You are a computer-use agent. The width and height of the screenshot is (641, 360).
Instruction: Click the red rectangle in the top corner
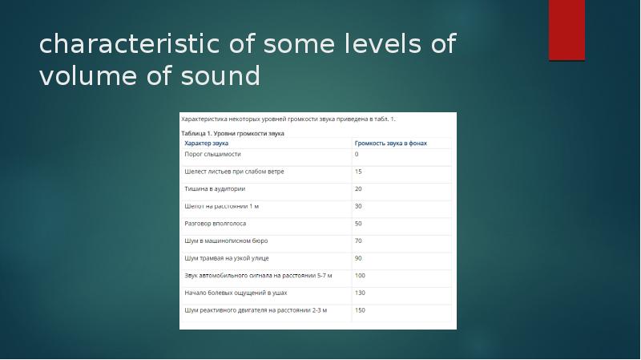click(x=566, y=30)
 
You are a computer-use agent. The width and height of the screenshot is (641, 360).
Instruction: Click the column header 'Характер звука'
click(x=207, y=144)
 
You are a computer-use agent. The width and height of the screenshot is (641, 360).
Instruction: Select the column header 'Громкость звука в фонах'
click(x=391, y=144)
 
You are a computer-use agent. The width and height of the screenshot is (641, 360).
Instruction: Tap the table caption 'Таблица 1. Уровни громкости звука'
click(x=233, y=133)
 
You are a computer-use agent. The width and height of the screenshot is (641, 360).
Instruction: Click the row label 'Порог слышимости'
click(x=212, y=154)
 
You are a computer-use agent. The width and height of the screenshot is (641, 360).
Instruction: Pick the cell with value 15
click(x=358, y=172)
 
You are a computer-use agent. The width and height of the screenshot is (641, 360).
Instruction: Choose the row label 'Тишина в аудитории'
click(x=215, y=189)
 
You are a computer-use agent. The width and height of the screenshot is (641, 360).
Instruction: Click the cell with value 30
click(x=358, y=206)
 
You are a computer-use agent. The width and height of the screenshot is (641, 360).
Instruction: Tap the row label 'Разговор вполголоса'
click(x=216, y=224)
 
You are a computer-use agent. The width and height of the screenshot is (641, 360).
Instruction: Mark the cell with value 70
click(x=358, y=241)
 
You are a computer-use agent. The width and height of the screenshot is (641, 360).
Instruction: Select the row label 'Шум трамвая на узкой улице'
click(x=227, y=258)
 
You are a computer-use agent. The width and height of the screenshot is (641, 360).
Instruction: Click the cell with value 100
click(x=360, y=276)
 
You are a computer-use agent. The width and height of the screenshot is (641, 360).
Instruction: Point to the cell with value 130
click(x=360, y=293)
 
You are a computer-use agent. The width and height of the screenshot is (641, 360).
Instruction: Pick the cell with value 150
click(x=360, y=310)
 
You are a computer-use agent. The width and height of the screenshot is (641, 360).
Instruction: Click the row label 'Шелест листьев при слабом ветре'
click(x=234, y=172)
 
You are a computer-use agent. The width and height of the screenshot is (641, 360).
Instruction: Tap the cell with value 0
click(x=357, y=154)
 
